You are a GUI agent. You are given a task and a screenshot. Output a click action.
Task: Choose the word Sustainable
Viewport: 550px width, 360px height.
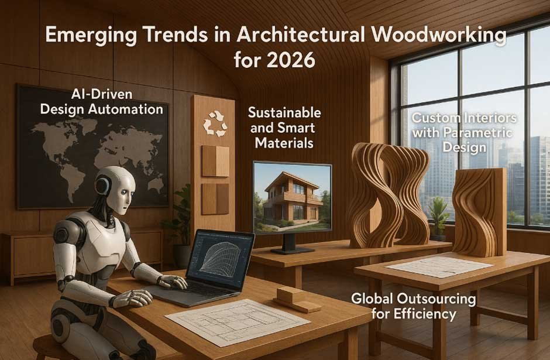click(x=284, y=112)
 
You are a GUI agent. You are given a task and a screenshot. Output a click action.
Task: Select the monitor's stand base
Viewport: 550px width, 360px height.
click(x=293, y=250)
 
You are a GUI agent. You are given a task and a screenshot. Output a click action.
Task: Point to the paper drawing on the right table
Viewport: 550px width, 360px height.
click(x=439, y=266)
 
